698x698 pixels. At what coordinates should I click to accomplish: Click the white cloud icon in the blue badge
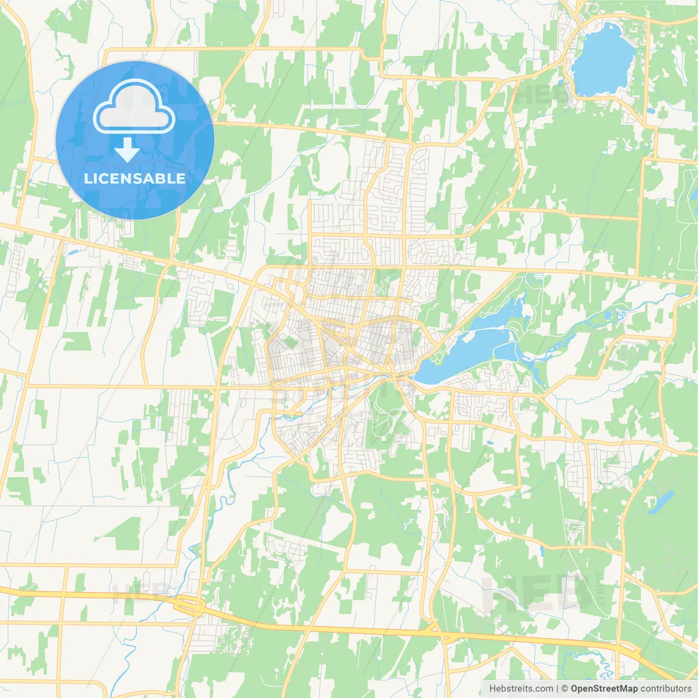tap(134, 108)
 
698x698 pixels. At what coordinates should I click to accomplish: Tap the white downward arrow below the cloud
tap(127, 150)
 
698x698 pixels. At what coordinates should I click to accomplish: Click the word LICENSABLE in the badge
tap(135, 178)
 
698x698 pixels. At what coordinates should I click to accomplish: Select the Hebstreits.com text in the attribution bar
tap(521, 689)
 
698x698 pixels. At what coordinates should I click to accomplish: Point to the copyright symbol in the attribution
tap(565, 689)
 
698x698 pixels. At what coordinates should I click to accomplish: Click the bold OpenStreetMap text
tap(604, 689)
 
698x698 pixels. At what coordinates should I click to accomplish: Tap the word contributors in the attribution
tap(666, 689)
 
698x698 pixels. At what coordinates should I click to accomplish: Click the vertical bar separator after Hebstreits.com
tap(557, 689)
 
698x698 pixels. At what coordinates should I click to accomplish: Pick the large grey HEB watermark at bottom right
tap(537, 592)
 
